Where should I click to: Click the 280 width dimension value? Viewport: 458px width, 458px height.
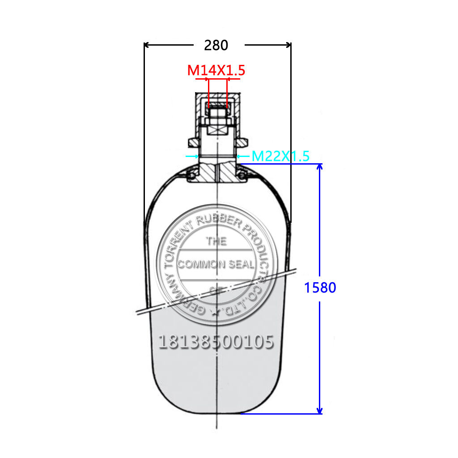coord(216,45)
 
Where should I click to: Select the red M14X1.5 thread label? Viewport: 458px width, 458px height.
coord(216,70)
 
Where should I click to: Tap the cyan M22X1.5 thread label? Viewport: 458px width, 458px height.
coord(280,156)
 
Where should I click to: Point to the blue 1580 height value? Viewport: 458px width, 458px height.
coord(320,288)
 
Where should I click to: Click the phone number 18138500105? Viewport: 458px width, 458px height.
coord(216,342)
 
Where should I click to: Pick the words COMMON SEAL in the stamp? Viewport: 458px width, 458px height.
coord(216,264)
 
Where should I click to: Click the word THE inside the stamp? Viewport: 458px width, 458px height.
coord(216,241)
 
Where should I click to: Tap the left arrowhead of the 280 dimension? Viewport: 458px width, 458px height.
coord(146,45)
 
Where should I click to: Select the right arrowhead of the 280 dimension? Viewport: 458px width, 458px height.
coord(288,45)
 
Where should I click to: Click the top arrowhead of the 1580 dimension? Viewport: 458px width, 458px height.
coord(319,167)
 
